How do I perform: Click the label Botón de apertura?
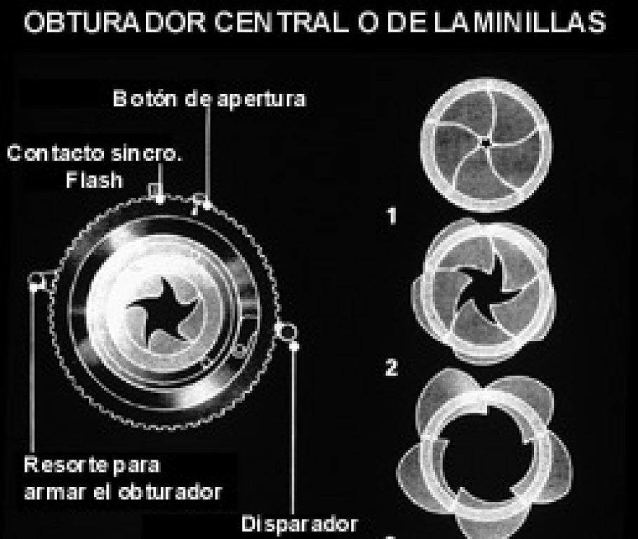(209, 99)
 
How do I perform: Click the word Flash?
(94, 180)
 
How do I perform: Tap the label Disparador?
(300, 524)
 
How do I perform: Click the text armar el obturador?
(123, 492)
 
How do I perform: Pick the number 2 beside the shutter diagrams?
(392, 367)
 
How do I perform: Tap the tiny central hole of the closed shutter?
(485, 143)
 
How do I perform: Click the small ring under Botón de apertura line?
(199, 199)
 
